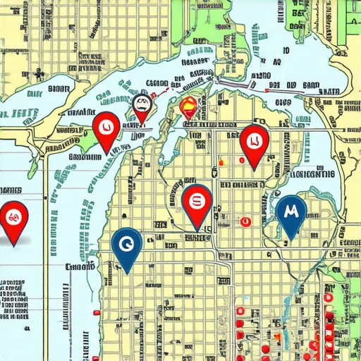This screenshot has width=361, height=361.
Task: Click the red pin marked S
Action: (x=197, y=202)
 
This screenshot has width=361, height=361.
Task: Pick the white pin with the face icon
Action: (x=141, y=106)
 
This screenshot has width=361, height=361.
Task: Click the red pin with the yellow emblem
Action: (x=189, y=108)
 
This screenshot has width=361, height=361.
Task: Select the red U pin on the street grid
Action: (x=253, y=140)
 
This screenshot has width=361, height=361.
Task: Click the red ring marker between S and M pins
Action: (x=245, y=221)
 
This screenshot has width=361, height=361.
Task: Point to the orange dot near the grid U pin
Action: (x=221, y=162)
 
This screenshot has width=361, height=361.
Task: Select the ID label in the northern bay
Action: (x=286, y=51)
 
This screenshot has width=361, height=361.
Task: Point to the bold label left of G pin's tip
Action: (x=79, y=267)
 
